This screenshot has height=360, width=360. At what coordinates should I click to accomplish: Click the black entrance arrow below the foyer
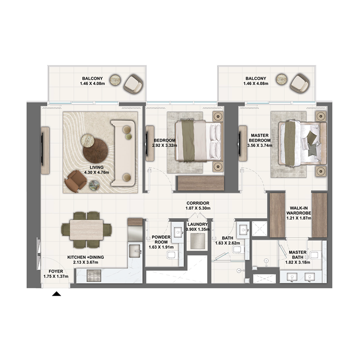[x=56, y=294]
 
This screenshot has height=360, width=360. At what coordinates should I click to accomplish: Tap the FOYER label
[x=56, y=271]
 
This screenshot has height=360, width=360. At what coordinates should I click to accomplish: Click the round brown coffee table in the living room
[x=95, y=150]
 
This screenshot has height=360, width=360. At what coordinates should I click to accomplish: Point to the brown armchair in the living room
[x=76, y=181]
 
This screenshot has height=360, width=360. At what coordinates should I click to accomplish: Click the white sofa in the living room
[x=123, y=153]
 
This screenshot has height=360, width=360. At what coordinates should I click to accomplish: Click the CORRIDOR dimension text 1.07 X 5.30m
[x=198, y=209]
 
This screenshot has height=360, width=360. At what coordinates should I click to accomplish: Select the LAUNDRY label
[x=198, y=224]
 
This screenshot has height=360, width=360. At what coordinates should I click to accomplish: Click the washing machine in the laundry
[x=198, y=241]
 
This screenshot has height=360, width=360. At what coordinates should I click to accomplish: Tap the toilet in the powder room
[x=172, y=256]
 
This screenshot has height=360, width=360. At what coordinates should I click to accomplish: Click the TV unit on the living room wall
[x=45, y=150]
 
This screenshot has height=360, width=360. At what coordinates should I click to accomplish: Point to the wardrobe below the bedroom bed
[x=201, y=183]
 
